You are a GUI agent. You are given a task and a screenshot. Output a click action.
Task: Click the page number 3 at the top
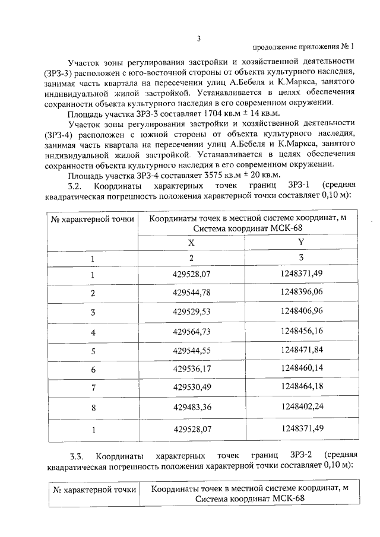click(x=199, y=39)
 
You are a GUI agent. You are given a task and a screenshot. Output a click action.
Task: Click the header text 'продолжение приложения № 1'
click(x=303, y=47)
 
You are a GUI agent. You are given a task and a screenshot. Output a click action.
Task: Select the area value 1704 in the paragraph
click(x=213, y=113)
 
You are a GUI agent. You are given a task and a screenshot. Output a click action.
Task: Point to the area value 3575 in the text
click(x=213, y=175)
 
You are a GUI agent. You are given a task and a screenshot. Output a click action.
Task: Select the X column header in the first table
click(x=191, y=242)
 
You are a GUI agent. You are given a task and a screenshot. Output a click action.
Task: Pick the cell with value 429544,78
click(x=191, y=293)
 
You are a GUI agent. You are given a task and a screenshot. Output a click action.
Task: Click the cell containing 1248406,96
click(x=302, y=311)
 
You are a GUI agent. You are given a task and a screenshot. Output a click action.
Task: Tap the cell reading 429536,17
click(x=191, y=369)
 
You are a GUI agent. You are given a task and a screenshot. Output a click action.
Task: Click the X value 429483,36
click(x=191, y=408)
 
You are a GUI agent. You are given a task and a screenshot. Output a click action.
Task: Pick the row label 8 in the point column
click(x=93, y=408)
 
